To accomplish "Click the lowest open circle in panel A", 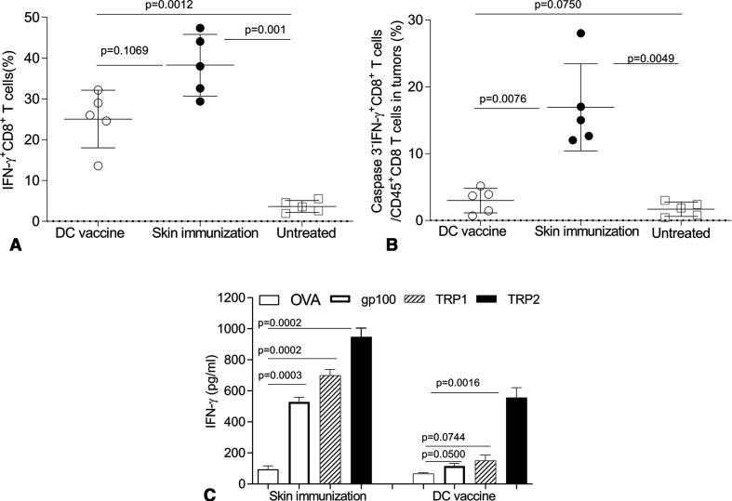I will tap(98, 165).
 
